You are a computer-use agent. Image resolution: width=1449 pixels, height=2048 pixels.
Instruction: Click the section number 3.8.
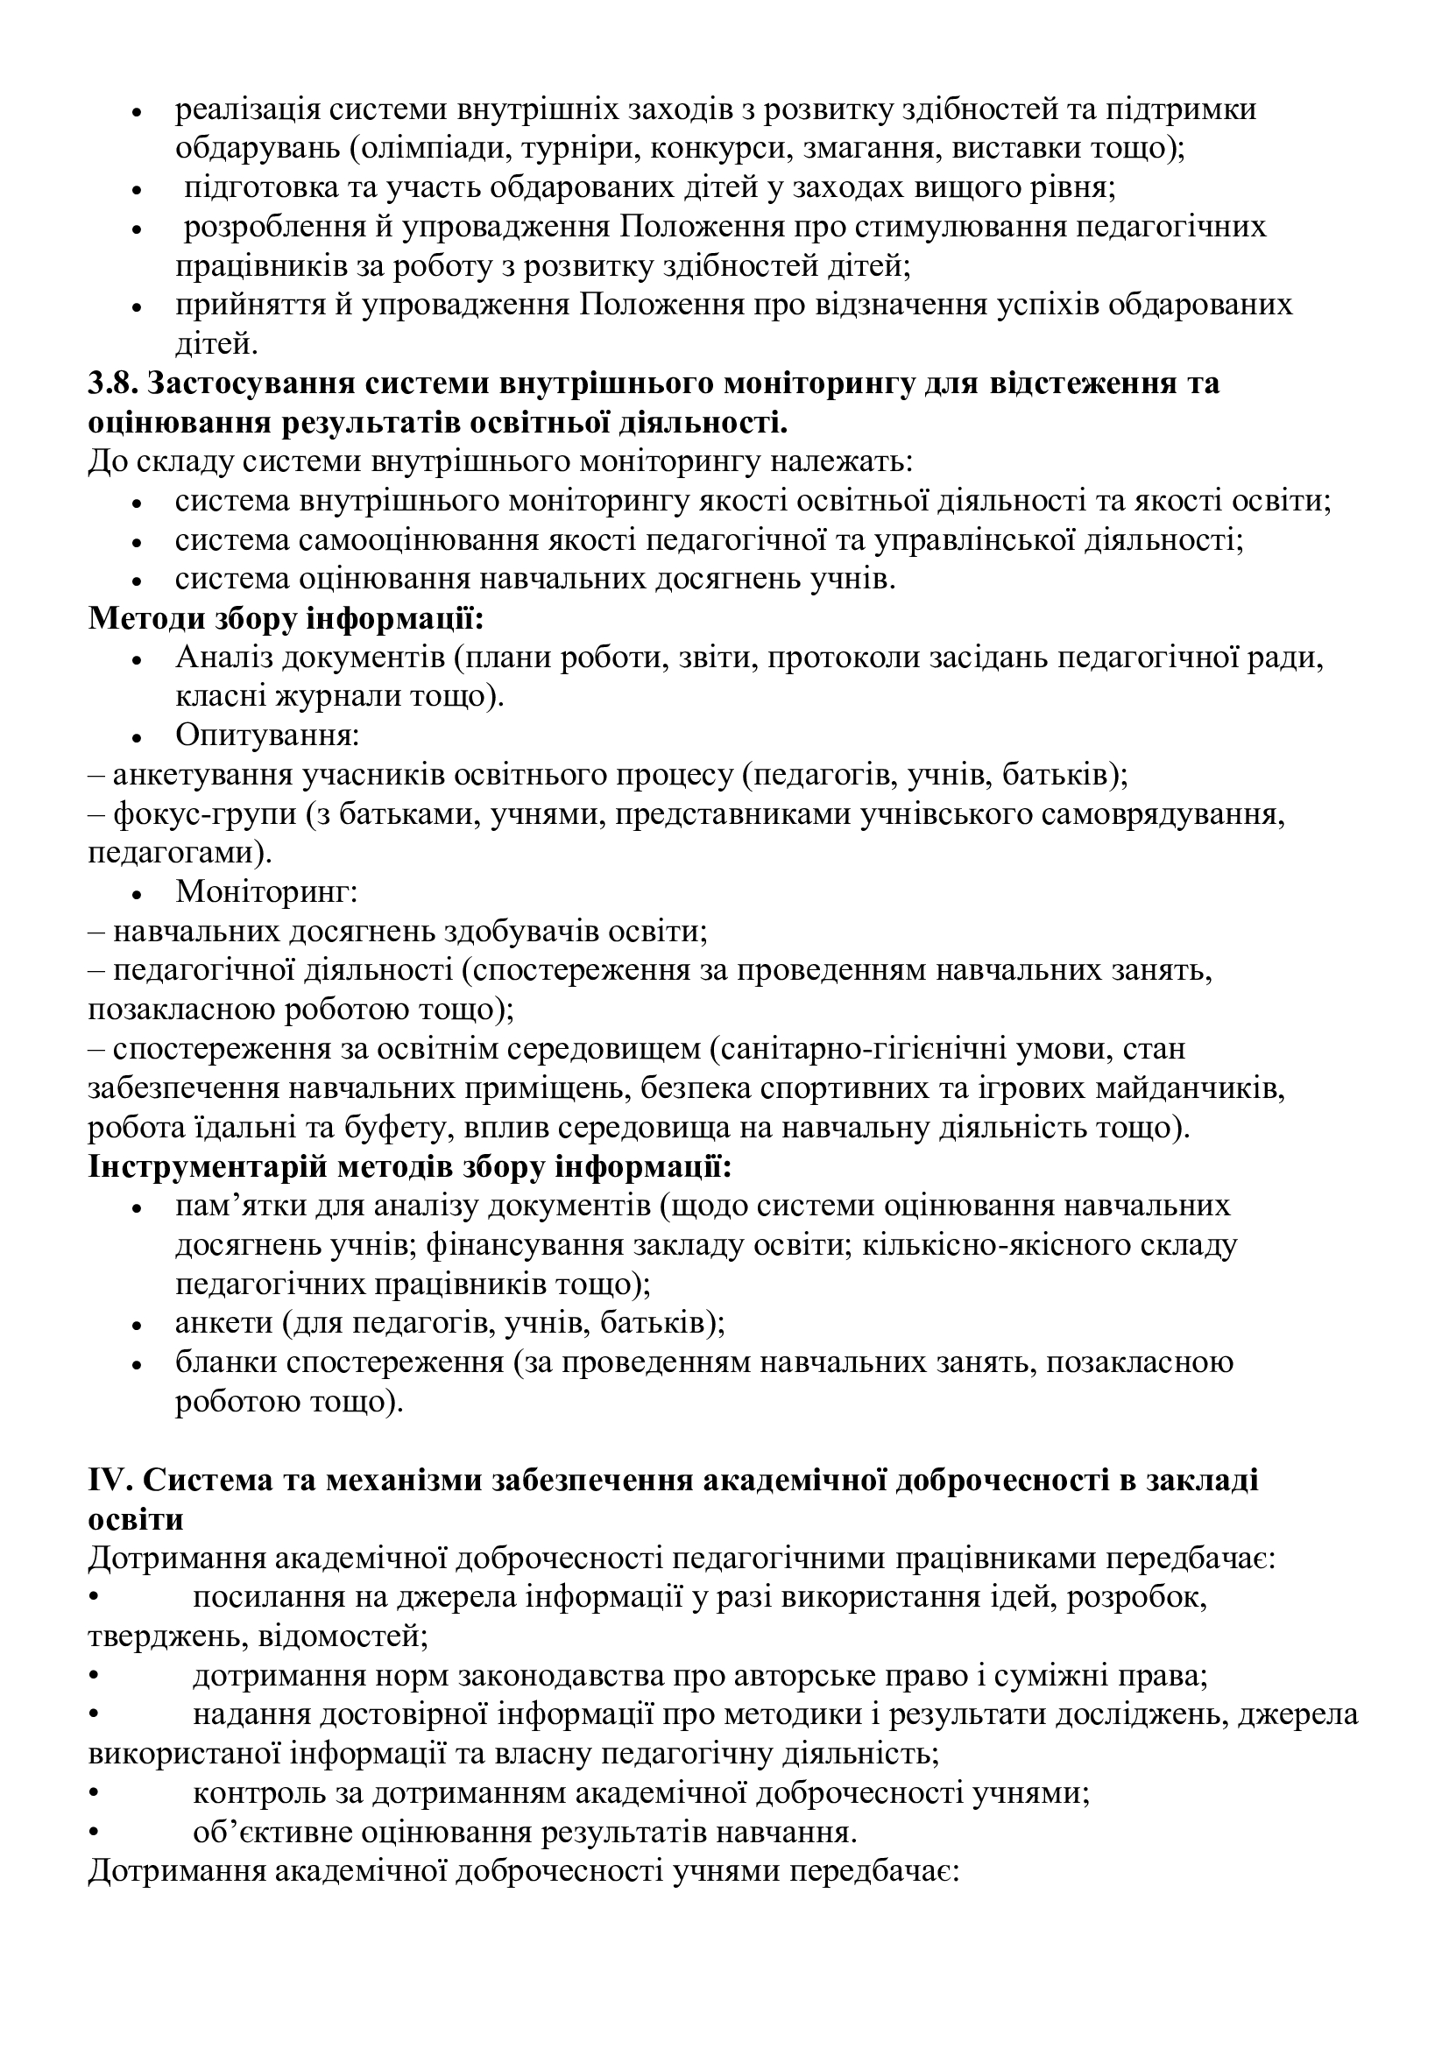click(111, 383)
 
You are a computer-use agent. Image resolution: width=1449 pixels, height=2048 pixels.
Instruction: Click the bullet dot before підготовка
click(138, 190)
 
